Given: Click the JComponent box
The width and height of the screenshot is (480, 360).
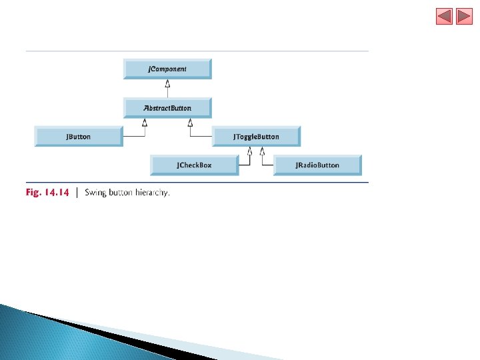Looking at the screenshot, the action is tap(167, 69).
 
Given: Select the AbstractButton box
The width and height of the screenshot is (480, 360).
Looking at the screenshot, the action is tap(167, 108).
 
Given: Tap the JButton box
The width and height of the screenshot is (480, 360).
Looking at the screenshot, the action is tap(79, 137).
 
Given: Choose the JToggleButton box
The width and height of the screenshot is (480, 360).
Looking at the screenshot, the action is tap(256, 137).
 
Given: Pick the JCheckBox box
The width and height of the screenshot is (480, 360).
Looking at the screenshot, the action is tap(194, 165).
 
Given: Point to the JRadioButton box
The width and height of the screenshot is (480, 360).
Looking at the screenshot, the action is tap(317, 165).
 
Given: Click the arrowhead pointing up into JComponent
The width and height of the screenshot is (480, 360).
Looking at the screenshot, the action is tap(168, 84).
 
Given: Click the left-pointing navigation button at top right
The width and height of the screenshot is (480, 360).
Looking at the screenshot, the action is tap(444, 16).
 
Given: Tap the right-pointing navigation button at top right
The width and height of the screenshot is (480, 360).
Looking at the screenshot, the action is tap(464, 16).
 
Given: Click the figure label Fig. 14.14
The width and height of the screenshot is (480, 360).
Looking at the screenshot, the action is tap(47, 193).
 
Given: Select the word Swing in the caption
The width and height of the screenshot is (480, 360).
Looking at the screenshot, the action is tap(96, 193).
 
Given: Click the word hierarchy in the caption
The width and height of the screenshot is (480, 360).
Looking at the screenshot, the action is tap(153, 193).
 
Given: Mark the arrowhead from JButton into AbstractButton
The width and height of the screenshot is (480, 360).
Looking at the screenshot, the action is tap(144, 122).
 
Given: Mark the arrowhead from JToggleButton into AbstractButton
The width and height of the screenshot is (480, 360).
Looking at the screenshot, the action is tap(190, 122).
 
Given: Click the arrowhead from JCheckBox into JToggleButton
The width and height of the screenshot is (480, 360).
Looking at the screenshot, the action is tap(249, 151).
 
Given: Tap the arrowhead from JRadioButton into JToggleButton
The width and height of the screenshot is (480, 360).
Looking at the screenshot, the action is tap(262, 151).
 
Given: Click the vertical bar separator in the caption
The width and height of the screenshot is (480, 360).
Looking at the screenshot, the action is tap(78, 193).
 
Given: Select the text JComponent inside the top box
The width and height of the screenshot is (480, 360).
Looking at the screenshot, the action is tap(167, 69).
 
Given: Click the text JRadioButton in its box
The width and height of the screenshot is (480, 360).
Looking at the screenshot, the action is tap(318, 165).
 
